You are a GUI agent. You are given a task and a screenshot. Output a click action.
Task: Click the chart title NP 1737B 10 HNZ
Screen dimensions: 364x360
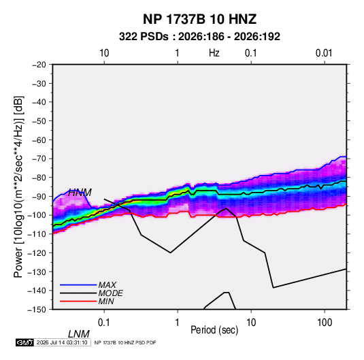pyautogui.click(x=199, y=19)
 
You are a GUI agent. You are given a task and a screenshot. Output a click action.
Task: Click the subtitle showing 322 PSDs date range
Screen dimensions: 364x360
pyautogui.click(x=199, y=37)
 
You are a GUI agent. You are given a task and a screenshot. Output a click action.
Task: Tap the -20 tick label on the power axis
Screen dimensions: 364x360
pyautogui.click(x=39, y=65)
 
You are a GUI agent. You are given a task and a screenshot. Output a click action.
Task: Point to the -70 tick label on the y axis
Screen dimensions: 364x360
pyautogui.click(x=39, y=159)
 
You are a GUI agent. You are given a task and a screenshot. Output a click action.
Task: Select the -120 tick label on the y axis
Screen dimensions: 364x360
pyautogui.click(x=37, y=252)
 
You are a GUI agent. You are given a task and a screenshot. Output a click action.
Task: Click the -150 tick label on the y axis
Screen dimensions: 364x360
pyautogui.click(x=37, y=310)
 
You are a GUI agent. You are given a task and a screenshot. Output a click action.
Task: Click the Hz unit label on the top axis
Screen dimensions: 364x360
pyautogui.click(x=214, y=53)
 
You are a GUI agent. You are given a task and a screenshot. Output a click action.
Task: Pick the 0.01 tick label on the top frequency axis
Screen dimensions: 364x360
pyautogui.click(x=324, y=53)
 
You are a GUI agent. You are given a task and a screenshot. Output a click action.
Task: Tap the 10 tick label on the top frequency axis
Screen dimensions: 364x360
pyautogui.click(x=104, y=53)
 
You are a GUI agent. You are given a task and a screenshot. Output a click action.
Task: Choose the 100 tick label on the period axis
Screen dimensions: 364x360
pyautogui.click(x=325, y=323)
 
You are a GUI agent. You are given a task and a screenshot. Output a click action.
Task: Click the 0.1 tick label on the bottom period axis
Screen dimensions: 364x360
pyautogui.click(x=104, y=323)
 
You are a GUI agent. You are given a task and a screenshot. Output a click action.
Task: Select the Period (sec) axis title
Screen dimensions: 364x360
pyautogui.click(x=214, y=330)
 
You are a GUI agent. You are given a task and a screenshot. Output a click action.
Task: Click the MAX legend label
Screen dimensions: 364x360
pyautogui.click(x=107, y=284)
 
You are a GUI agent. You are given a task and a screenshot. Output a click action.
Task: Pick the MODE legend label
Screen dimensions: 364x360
pyautogui.click(x=110, y=293)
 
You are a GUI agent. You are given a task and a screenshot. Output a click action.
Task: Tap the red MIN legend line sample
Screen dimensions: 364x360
pyautogui.click(x=78, y=301)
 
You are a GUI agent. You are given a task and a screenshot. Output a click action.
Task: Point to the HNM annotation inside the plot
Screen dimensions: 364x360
pyautogui.click(x=80, y=193)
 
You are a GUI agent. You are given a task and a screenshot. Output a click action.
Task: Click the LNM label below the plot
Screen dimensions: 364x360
pyautogui.click(x=79, y=334)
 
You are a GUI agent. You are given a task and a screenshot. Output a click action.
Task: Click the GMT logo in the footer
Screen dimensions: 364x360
pyautogui.click(x=24, y=342)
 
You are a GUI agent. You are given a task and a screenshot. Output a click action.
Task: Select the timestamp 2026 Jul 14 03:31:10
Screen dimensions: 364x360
pyautogui.click(x=62, y=342)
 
